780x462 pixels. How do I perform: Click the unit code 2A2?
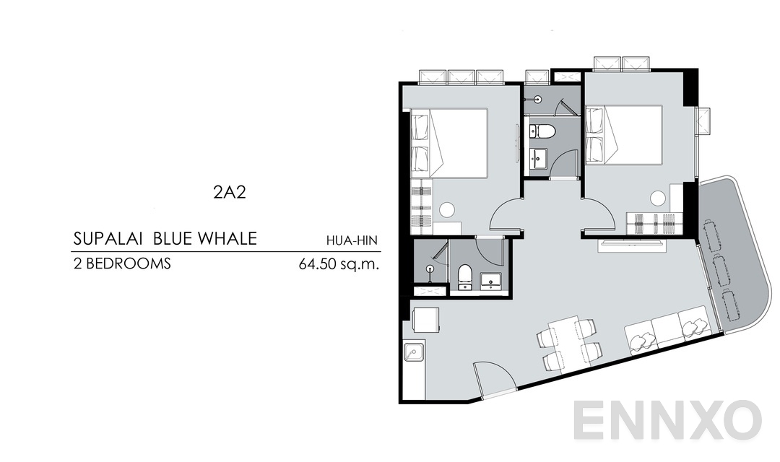point(226,193)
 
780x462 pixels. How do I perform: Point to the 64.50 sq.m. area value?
point(339,264)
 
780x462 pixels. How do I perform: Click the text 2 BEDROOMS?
point(122,263)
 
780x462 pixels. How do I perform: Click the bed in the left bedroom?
point(449,142)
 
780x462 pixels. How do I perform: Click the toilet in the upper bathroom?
point(542,131)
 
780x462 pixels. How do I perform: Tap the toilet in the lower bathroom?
point(466,276)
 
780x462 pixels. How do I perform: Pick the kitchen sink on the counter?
point(414,353)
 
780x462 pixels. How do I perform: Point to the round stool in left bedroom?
point(448,210)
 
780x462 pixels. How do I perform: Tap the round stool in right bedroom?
point(657,198)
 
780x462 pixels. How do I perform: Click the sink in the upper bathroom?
point(539,157)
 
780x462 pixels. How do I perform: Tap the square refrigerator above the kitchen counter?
point(425,320)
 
